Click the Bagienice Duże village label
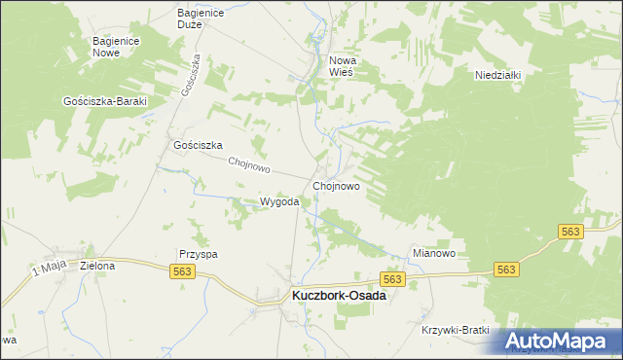[x=202, y=18]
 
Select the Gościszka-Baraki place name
[x=103, y=101]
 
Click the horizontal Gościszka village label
[x=199, y=145]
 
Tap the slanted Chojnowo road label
[x=248, y=164]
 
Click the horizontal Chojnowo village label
[x=337, y=185]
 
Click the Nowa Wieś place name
[x=343, y=66]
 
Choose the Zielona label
[x=97, y=265]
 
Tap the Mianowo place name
[x=434, y=253]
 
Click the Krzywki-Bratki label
[x=455, y=330]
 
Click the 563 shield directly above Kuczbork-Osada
[x=391, y=279]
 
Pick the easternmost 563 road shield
[x=571, y=232]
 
